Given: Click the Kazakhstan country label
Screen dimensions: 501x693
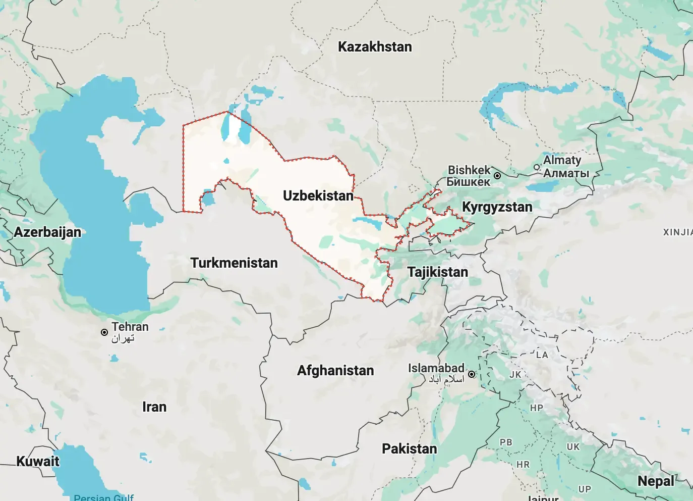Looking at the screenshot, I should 375,47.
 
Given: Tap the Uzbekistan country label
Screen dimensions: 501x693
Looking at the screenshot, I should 318,196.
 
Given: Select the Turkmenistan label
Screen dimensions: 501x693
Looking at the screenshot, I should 234,263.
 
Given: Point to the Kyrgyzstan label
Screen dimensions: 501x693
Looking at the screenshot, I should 497,207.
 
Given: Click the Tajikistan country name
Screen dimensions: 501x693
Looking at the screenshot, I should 437,272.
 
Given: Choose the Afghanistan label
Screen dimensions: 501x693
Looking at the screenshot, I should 335,371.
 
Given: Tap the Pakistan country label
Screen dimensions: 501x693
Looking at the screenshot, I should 409,449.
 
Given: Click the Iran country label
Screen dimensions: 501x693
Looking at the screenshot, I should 154,407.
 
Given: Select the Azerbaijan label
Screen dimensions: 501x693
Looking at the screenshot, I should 47,232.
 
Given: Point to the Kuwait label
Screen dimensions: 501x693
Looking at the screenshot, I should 38,462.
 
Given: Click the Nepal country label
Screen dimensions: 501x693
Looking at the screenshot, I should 656,481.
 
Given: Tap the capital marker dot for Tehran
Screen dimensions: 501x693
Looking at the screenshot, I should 104,332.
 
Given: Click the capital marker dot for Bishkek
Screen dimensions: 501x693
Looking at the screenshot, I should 497,176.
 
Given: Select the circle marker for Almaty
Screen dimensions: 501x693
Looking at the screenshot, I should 537,167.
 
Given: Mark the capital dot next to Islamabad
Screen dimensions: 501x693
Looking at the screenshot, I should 472,374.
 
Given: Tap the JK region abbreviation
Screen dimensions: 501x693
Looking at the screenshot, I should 515,375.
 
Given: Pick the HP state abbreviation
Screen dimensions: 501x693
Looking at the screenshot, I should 536,408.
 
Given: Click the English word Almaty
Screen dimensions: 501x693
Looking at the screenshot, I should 562,160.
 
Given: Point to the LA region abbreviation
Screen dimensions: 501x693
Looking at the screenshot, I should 542,355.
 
